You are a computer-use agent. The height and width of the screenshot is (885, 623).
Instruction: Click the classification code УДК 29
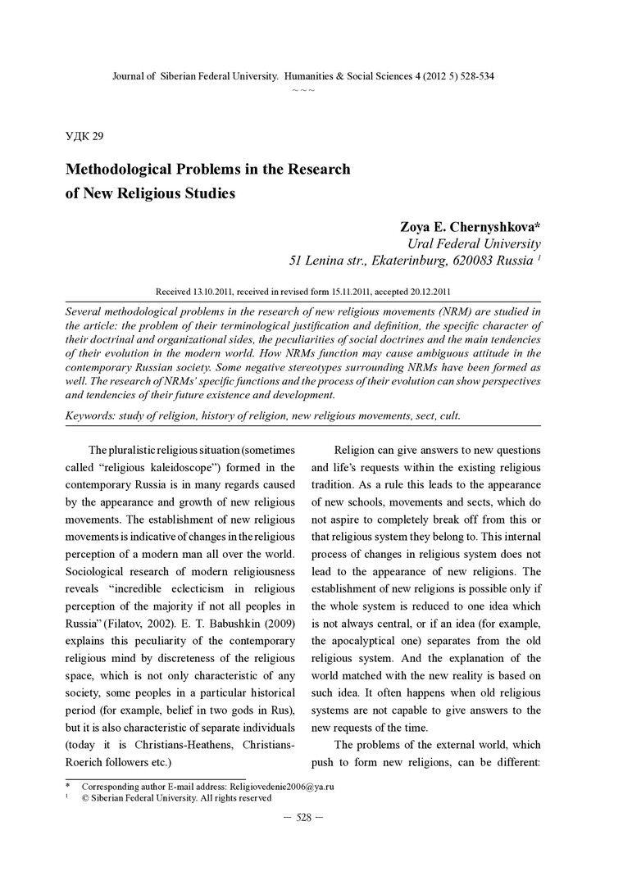[84, 136]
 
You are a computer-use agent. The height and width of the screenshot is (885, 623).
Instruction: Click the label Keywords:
[93, 415]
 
